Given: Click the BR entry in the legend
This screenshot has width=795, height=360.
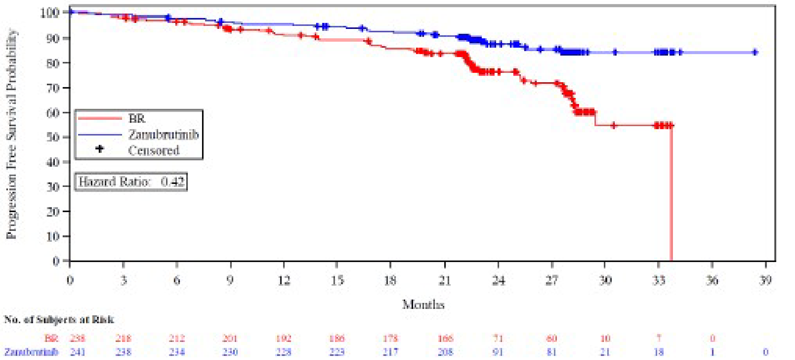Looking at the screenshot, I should click(x=136, y=118).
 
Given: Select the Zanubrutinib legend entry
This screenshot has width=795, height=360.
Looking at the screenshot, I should click(x=163, y=134).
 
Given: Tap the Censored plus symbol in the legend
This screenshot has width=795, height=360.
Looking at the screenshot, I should click(x=99, y=149).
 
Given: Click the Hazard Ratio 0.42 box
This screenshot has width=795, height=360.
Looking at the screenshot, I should click(x=131, y=181).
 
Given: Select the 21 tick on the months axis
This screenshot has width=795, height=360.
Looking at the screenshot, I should click(x=444, y=280).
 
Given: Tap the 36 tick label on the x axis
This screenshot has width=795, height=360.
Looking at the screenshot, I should click(x=712, y=280).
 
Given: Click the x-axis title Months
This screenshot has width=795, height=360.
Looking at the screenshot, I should click(x=423, y=304).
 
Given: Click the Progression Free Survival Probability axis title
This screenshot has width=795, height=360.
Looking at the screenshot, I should click(x=11, y=133).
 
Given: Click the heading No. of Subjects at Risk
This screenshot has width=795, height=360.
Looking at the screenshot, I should click(x=59, y=319).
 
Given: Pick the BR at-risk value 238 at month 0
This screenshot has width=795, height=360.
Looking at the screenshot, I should click(x=77, y=338).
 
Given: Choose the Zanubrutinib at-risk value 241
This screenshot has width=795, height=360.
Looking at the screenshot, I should click(x=77, y=352).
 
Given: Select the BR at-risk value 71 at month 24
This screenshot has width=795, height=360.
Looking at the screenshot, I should click(x=498, y=338).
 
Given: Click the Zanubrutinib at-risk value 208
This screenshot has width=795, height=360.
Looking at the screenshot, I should click(x=444, y=352).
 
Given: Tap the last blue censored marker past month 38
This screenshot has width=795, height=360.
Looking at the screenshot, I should click(x=755, y=52).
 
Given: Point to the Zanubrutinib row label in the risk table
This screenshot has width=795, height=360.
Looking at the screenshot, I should click(x=31, y=352).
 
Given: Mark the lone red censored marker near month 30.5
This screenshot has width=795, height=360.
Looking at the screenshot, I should click(x=614, y=125).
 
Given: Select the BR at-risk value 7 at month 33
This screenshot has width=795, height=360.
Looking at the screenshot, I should click(x=658, y=338).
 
